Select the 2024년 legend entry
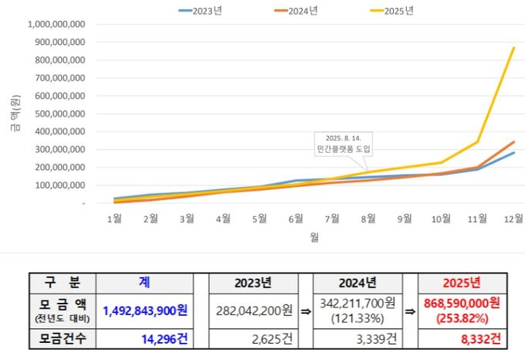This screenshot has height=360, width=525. click(x=300, y=11)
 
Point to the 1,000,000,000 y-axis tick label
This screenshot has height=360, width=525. click(x=58, y=24)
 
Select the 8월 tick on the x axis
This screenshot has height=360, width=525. click(x=368, y=219)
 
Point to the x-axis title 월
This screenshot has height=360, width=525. click(x=313, y=237)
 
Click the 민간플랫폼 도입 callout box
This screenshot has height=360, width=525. click(x=344, y=143)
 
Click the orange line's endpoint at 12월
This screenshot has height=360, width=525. click(x=514, y=142)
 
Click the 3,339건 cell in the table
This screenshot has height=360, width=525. click(x=356, y=338)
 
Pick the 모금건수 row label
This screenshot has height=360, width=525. click(x=61, y=338)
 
